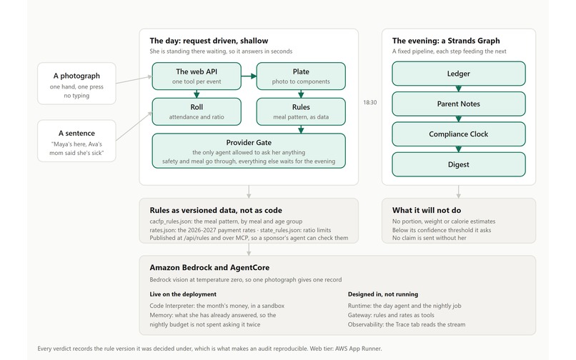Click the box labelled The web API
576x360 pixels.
pyautogui.click(x=197, y=76)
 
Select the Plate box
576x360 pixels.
pyautogui.click(x=301, y=76)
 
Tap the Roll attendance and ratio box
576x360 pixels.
pyautogui.click(x=197, y=111)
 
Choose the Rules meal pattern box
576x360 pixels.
pyautogui.click(x=301, y=111)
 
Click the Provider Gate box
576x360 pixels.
pyautogui.click(x=249, y=151)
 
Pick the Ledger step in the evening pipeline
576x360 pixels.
pyautogui.click(x=459, y=74)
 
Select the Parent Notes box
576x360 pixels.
pyautogui.click(x=459, y=104)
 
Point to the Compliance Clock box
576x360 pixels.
pyautogui.click(x=459, y=134)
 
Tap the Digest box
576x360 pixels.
pyautogui.click(x=459, y=164)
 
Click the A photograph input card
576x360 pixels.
pyautogui.click(x=76, y=84)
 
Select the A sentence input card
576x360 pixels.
pyautogui.click(x=76, y=141)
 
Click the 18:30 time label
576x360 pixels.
pyautogui.click(x=370, y=102)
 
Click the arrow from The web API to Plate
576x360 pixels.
pyautogui.click(x=249, y=76)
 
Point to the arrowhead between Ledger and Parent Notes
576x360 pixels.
pyautogui.click(x=459, y=89)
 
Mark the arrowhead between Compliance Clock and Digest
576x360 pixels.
pyautogui.click(x=459, y=149)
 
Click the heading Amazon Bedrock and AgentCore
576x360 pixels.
pyautogui.click(x=209, y=267)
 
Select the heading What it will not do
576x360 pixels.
pyautogui.click(x=427, y=210)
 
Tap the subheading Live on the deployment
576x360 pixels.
pyautogui.click(x=183, y=294)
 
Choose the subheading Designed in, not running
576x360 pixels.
pyautogui.click(x=383, y=294)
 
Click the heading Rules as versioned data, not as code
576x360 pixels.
pyautogui.click(x=216, y=210)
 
